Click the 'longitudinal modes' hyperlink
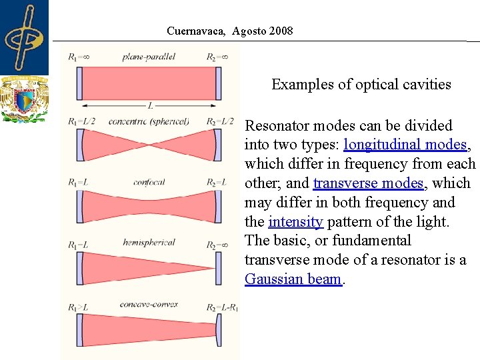(x=405, y=145)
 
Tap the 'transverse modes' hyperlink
(x=367, y=183)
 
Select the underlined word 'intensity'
(x=295, y=221)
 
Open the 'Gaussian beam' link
(x=293, y=279)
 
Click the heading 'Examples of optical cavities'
(x=361, y=85)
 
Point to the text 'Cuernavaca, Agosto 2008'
(x=229, y=31)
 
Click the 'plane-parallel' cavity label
(x=149, y=57)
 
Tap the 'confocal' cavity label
(x=149, y=182)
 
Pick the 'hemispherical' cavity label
(x=149, y=243)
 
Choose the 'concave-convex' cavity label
(x=149, y=304)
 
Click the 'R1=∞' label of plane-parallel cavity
(x=79, y=57)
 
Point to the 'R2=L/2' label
(x=220, y=121)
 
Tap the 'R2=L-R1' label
(x=222, y=307)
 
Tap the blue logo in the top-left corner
(x=24, y=37)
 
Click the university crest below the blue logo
(x=24, y=99)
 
